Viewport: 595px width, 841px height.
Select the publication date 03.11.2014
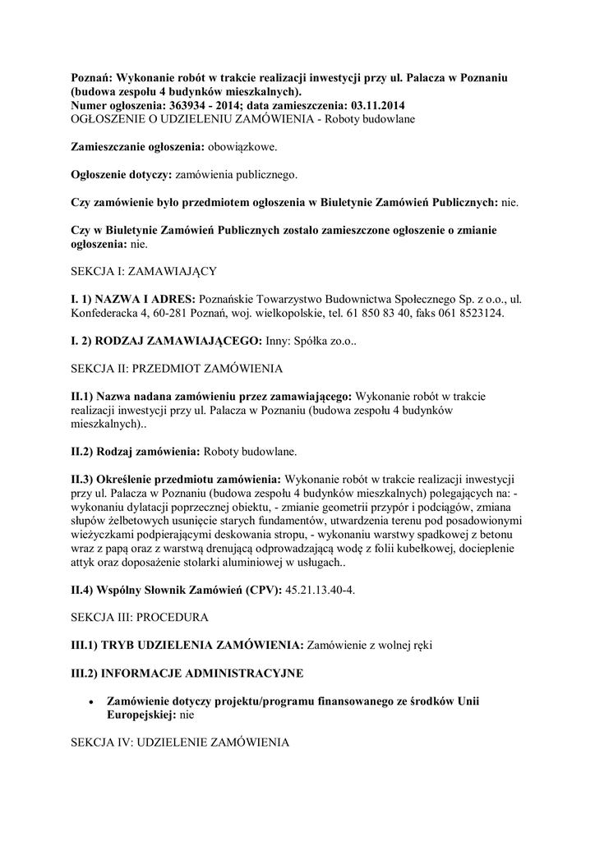point(373,106)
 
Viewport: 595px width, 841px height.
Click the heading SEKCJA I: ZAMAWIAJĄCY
point(143,270)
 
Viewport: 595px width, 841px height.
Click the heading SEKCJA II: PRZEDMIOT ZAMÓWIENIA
point(178,369)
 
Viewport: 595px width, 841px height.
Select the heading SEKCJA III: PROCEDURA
point(140,618)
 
